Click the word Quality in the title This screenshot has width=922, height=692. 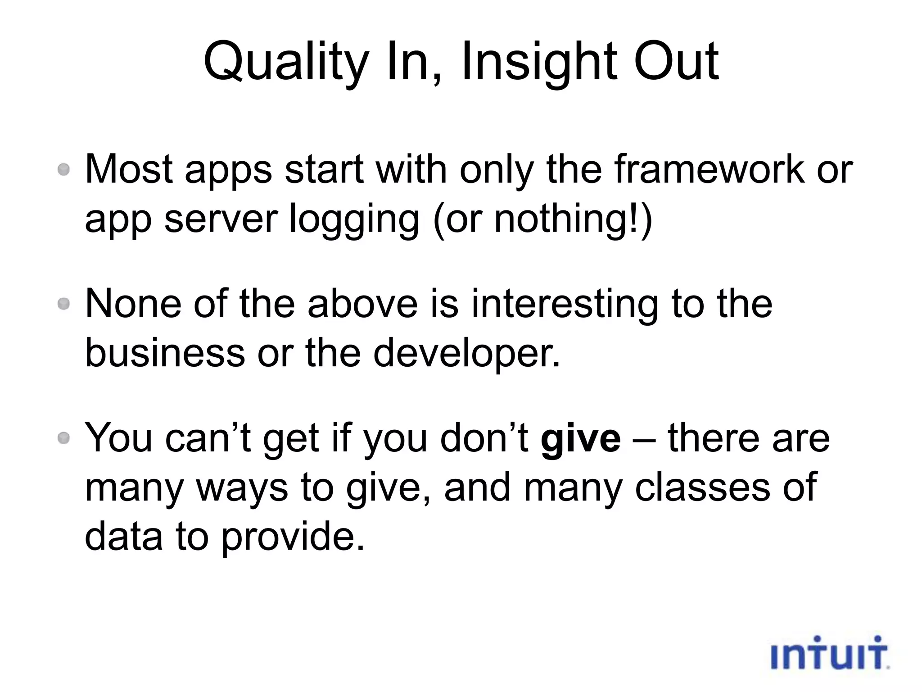point(286,62)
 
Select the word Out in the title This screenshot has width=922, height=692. point(676,62)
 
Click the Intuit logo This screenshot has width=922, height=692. point(829,653)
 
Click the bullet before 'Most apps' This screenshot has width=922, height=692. point(64,170)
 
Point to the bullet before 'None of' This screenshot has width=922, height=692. point(64,304)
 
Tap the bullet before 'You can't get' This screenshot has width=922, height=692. point(64,438)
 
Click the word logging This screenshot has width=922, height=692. point(354,219)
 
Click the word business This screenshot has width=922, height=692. point(165,353)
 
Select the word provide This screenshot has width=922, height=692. point(293,536)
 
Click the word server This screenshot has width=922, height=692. point(221,219)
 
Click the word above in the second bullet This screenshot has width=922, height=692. point(363,304)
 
